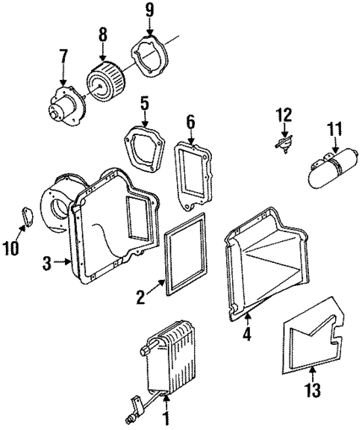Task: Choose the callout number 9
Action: (x=149, y=10)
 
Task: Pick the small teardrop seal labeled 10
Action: (x=28, y=216)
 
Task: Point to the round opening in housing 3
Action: (x=57, y=205)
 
